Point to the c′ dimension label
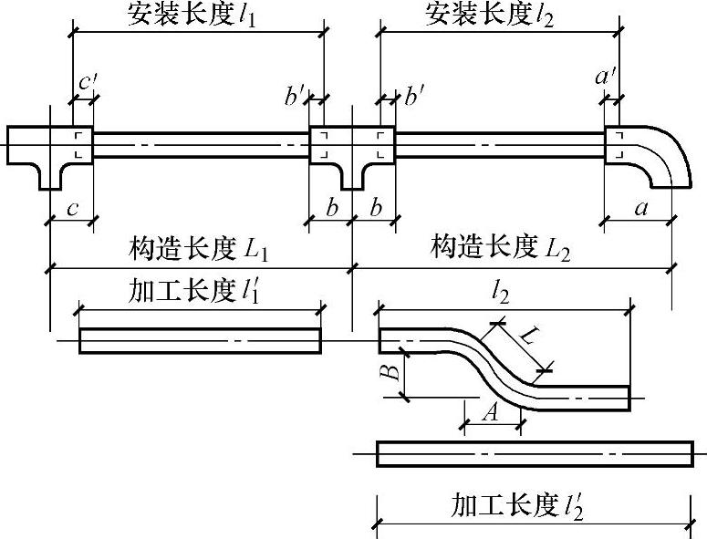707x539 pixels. point(88,81)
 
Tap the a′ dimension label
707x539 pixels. point(607,79)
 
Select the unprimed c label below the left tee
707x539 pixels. point(70,209)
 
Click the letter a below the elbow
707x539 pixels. point(640,209)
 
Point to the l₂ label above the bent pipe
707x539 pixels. point(499,294)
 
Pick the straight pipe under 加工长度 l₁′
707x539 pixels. point(200,340)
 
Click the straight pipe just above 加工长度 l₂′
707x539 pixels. point(535,453)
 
